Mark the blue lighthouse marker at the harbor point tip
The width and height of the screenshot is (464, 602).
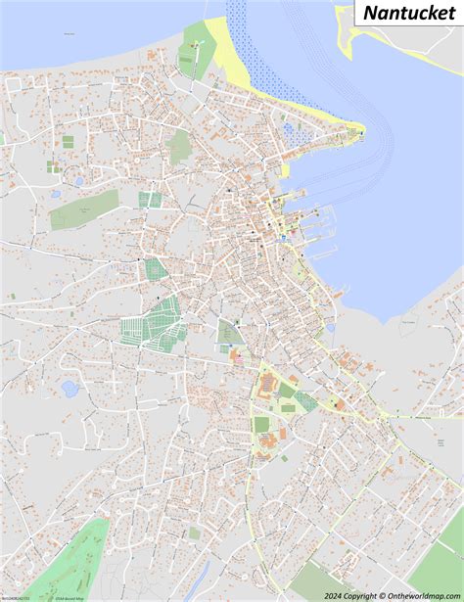[x=360, y=133]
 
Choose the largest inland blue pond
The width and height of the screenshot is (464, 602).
[x=70, y=389]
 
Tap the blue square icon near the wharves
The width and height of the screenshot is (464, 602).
[x=283, y=238]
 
